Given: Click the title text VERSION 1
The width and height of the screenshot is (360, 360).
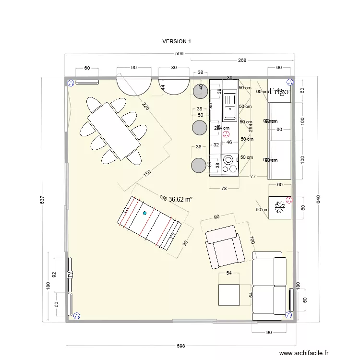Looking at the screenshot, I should click(177, 41).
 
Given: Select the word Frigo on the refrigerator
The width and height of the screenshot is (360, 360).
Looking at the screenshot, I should click(279, 91).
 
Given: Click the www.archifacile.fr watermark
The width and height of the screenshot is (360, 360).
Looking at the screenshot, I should click(304, 353).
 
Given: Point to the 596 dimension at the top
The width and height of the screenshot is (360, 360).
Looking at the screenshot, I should click(180, 54).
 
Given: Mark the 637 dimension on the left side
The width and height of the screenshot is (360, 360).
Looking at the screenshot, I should click(42, 199).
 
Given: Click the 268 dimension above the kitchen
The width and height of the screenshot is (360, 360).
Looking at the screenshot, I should click(242, 60).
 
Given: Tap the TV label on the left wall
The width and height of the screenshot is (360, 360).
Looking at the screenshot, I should click(70, 275).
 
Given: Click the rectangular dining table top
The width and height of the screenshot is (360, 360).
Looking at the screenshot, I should click(114, 128).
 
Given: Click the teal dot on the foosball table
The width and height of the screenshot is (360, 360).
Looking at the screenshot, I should click(144, 213).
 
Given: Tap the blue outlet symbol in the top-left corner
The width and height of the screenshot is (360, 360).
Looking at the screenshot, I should click(71, 83).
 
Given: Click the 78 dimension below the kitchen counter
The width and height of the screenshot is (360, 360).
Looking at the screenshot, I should click(224, 188).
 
